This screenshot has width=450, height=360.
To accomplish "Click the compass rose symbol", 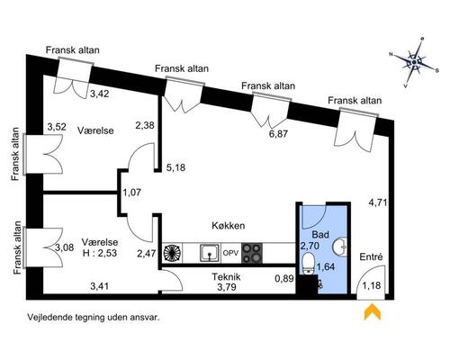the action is pos(414,62).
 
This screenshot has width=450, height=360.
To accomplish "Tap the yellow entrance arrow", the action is pos(373,311).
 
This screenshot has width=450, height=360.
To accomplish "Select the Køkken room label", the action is pos(229,225).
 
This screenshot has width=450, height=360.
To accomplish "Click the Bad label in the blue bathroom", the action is pos(320,234).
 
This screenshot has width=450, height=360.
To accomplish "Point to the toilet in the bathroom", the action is pos(309,264).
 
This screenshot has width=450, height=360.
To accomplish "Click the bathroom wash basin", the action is pos(340,247).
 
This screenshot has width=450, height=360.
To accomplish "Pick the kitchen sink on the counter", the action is pos(210,254).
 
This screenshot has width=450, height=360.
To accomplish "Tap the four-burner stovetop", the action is pos(252,253).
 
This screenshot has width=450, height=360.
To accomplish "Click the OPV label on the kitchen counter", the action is pos(230,253).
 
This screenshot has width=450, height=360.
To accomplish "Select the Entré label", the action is pos(372,257).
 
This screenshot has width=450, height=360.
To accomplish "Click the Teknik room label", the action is pos(226,276).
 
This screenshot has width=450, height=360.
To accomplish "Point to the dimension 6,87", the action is pos(278,134).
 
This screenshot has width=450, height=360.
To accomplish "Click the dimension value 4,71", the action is pos(378,203).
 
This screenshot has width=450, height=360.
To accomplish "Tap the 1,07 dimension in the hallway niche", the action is pos(131,193).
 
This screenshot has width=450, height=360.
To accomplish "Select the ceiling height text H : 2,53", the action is pos(100,253).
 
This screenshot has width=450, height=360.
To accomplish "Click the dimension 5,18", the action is pos(175,167).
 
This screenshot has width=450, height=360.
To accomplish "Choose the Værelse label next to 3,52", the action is pos(95,130).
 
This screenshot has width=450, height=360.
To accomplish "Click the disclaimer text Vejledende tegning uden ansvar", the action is pos(93,318).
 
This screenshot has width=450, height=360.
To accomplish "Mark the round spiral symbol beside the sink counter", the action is pos(172,254).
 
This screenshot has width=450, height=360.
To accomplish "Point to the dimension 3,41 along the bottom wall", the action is pos(100,286).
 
